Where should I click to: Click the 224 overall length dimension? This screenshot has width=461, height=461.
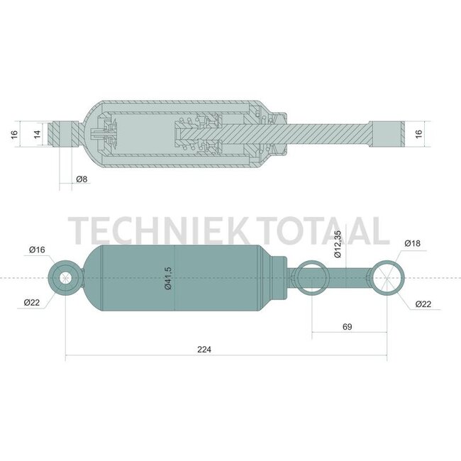pos(204,350)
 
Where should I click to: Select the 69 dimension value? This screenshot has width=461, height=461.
pos(348,327)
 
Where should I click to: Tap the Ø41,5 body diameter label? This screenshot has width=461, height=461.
pos(168,279)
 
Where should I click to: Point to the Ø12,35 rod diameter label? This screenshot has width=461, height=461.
pos(338,244)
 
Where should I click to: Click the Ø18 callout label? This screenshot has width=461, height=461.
pos(413,243)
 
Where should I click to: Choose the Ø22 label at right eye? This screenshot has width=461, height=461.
pos(423,304)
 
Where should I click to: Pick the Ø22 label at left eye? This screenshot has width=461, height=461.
pos(32,302)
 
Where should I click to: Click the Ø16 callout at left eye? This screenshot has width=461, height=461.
pos(37,250)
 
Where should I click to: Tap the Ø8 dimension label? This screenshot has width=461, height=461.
pos(82,179)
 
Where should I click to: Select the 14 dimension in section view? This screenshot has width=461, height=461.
pos(37,134)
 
